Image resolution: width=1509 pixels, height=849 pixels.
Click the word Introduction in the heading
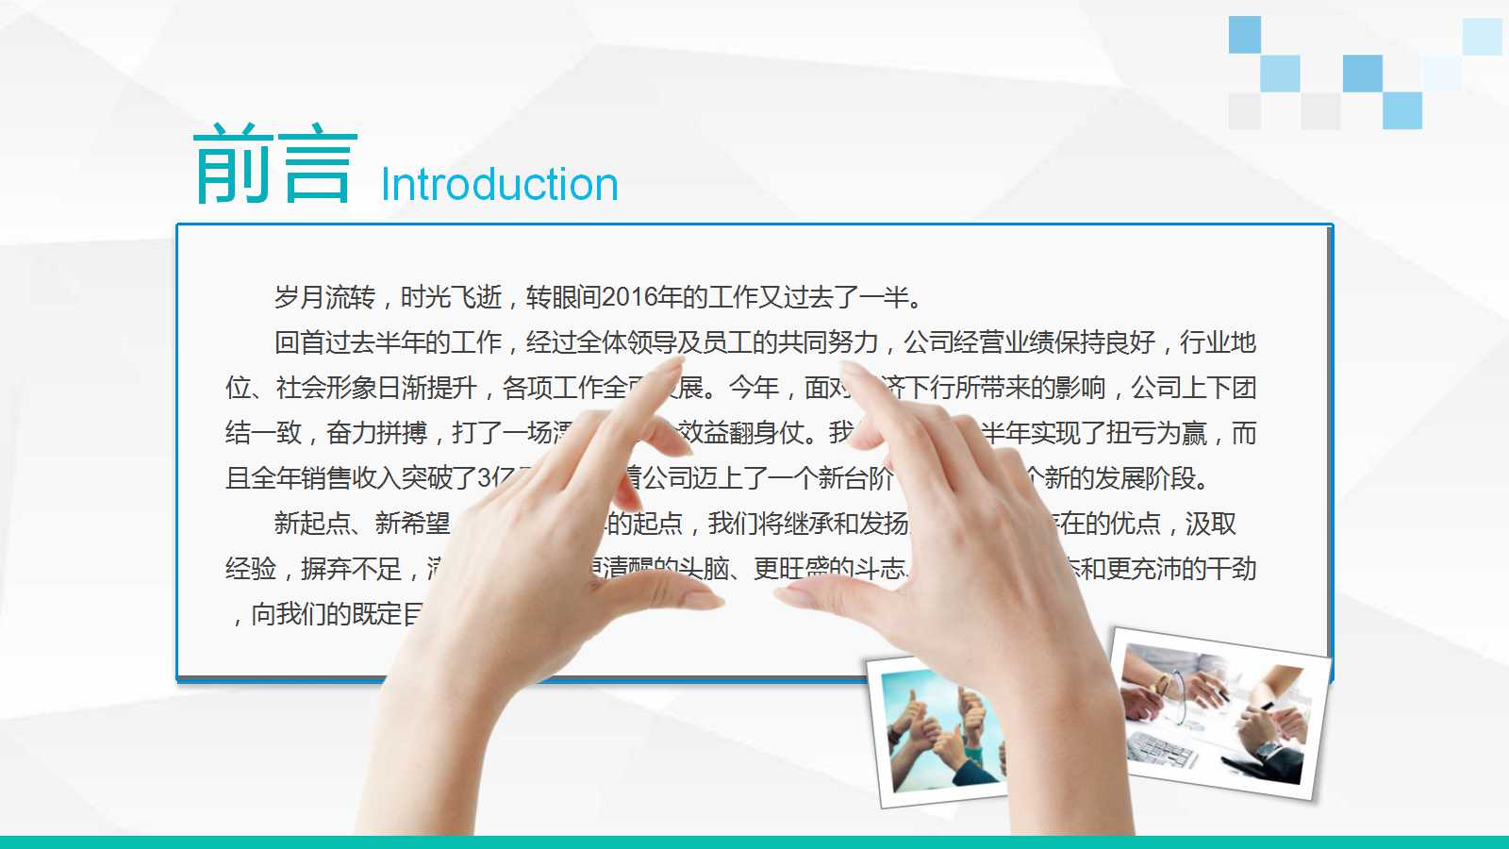point(499,185)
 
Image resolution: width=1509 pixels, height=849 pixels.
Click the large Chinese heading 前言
point(274,165)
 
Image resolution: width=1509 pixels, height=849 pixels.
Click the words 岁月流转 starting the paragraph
point(324,298)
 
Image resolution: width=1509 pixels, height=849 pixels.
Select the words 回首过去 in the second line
point(324,343)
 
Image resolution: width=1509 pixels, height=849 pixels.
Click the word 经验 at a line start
point(250,569)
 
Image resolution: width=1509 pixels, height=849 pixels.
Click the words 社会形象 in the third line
point(325,389)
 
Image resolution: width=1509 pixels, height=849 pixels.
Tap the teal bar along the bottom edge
point(754,841)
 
